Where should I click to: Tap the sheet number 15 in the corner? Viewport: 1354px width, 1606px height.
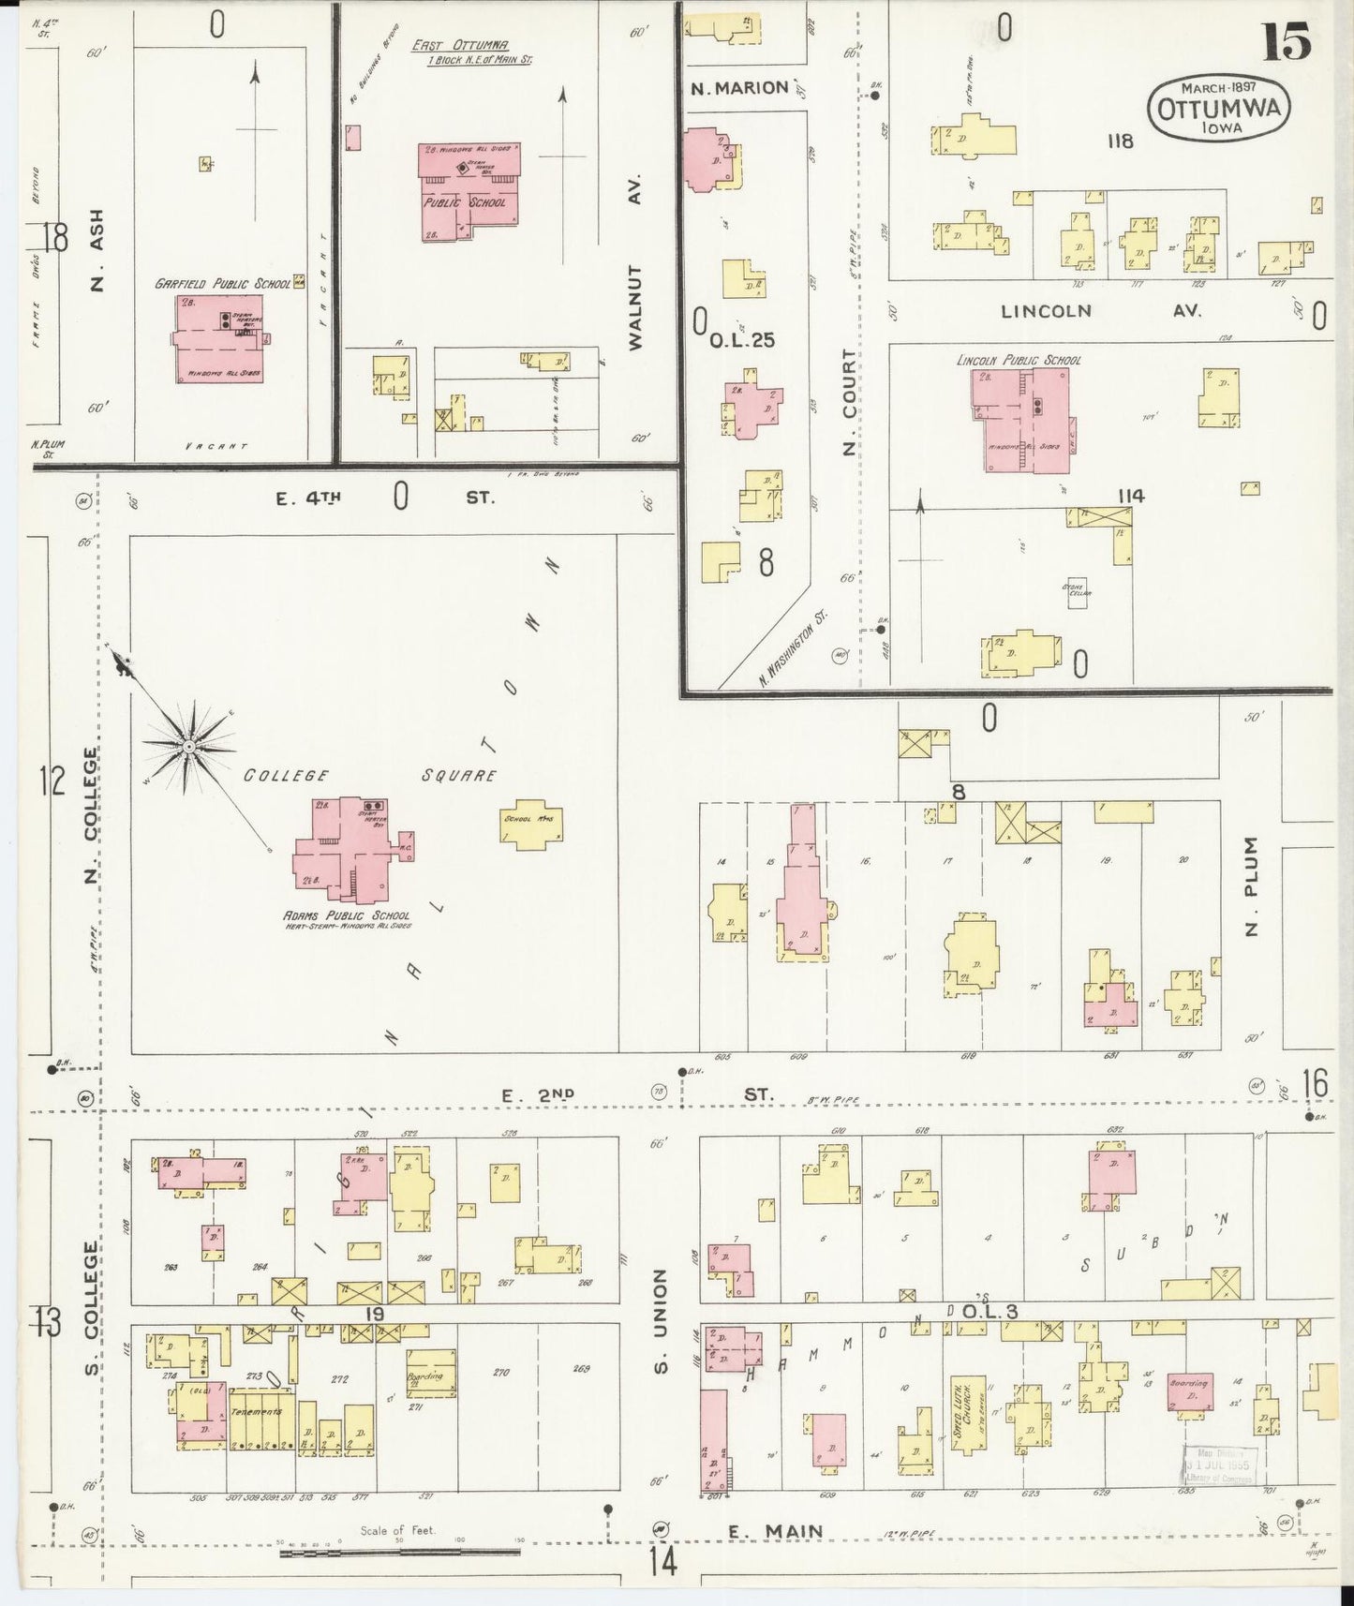point(1286,40)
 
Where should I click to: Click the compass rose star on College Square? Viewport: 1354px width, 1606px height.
point(188,745)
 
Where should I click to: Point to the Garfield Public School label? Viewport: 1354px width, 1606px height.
point(223,283)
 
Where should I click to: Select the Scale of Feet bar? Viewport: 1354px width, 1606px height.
point(400,1552)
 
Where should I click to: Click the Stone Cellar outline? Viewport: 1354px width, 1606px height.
point(1077,591)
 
